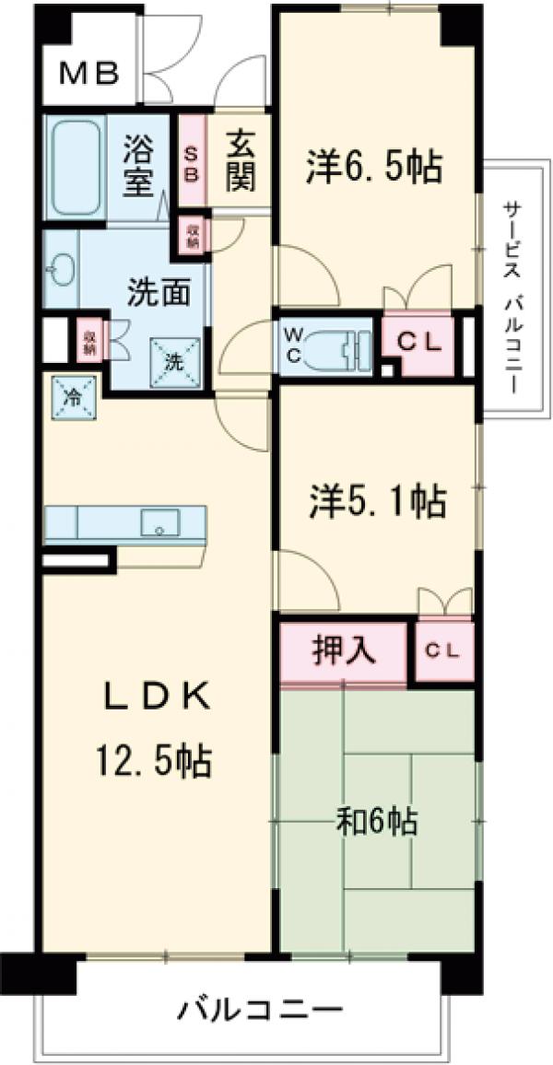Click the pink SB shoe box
192,162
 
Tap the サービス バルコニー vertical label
510,285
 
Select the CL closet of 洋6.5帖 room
418,341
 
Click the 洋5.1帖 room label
376,501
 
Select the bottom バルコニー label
261,1010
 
